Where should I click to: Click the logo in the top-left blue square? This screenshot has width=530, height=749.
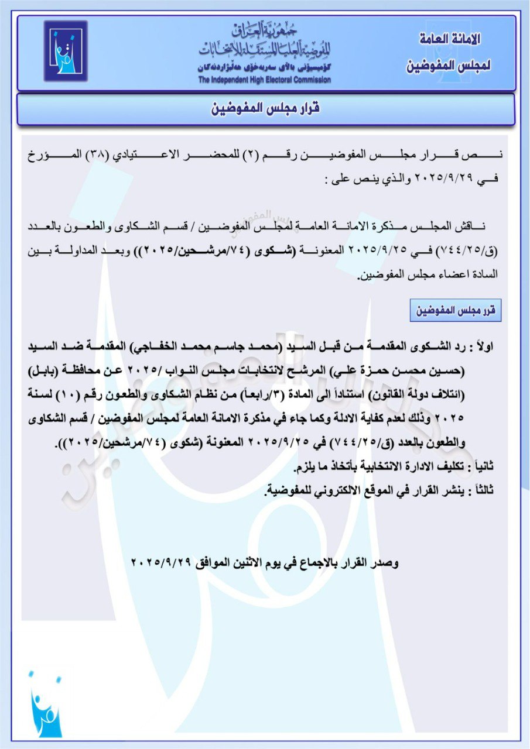(x=66, y=51)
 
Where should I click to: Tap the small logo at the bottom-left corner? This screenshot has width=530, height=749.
(x=45, y=706)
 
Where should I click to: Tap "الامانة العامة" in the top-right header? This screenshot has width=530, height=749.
(x=451, y=40)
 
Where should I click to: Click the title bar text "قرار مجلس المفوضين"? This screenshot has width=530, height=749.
(x=265, y=109)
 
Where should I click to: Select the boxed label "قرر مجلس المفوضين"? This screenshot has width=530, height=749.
(x=456, y=311)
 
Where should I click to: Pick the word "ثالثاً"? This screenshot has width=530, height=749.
(x=483, y=491)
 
